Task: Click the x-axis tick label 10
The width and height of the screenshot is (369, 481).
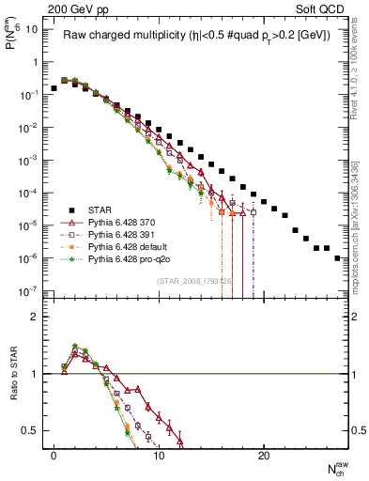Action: tap(159, 455)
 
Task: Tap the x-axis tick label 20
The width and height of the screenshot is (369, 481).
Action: tap(264, 455)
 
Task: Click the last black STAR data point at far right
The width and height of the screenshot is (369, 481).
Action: tap(337, 257)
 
